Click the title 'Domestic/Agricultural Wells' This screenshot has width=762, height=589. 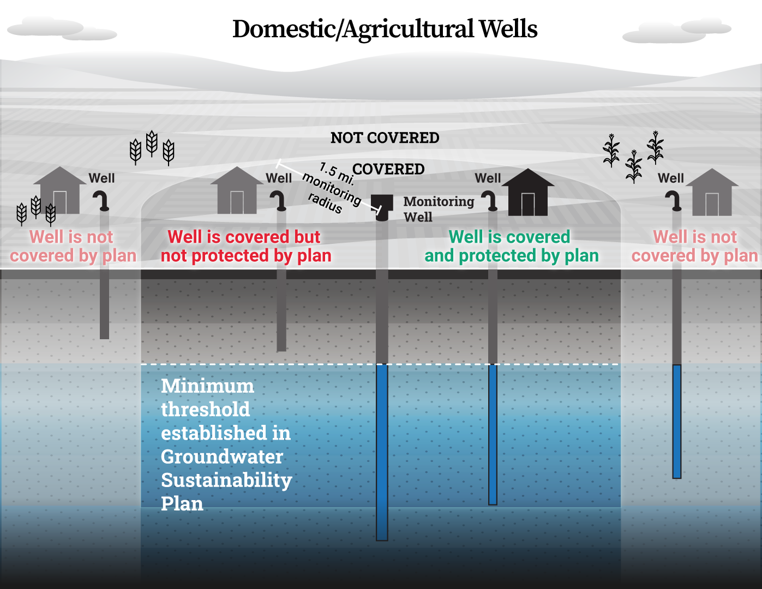coord(385,29)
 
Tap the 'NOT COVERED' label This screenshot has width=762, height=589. coord(385,138)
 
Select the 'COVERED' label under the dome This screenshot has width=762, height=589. coord(388,169)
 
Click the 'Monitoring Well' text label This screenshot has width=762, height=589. coord(439,209)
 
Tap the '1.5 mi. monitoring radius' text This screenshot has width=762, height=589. coord(332,188)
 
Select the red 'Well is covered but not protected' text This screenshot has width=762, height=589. coord(246,246)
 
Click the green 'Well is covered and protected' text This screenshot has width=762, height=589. coord(511,246)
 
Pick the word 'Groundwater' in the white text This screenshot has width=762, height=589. coord(222,457)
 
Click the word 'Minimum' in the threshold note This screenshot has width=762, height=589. coord(207,386)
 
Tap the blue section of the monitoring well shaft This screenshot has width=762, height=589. coord(382,452)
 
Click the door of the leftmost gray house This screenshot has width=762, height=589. coord(59,202)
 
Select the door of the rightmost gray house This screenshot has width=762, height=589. coord(712,204)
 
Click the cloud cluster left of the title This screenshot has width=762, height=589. coord(62,29)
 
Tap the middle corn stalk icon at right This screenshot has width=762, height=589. coord(634,166)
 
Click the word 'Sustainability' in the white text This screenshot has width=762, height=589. coord(226,480)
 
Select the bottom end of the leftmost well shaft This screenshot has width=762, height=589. coord(105,339)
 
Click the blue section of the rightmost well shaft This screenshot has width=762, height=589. coord(677,422)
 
